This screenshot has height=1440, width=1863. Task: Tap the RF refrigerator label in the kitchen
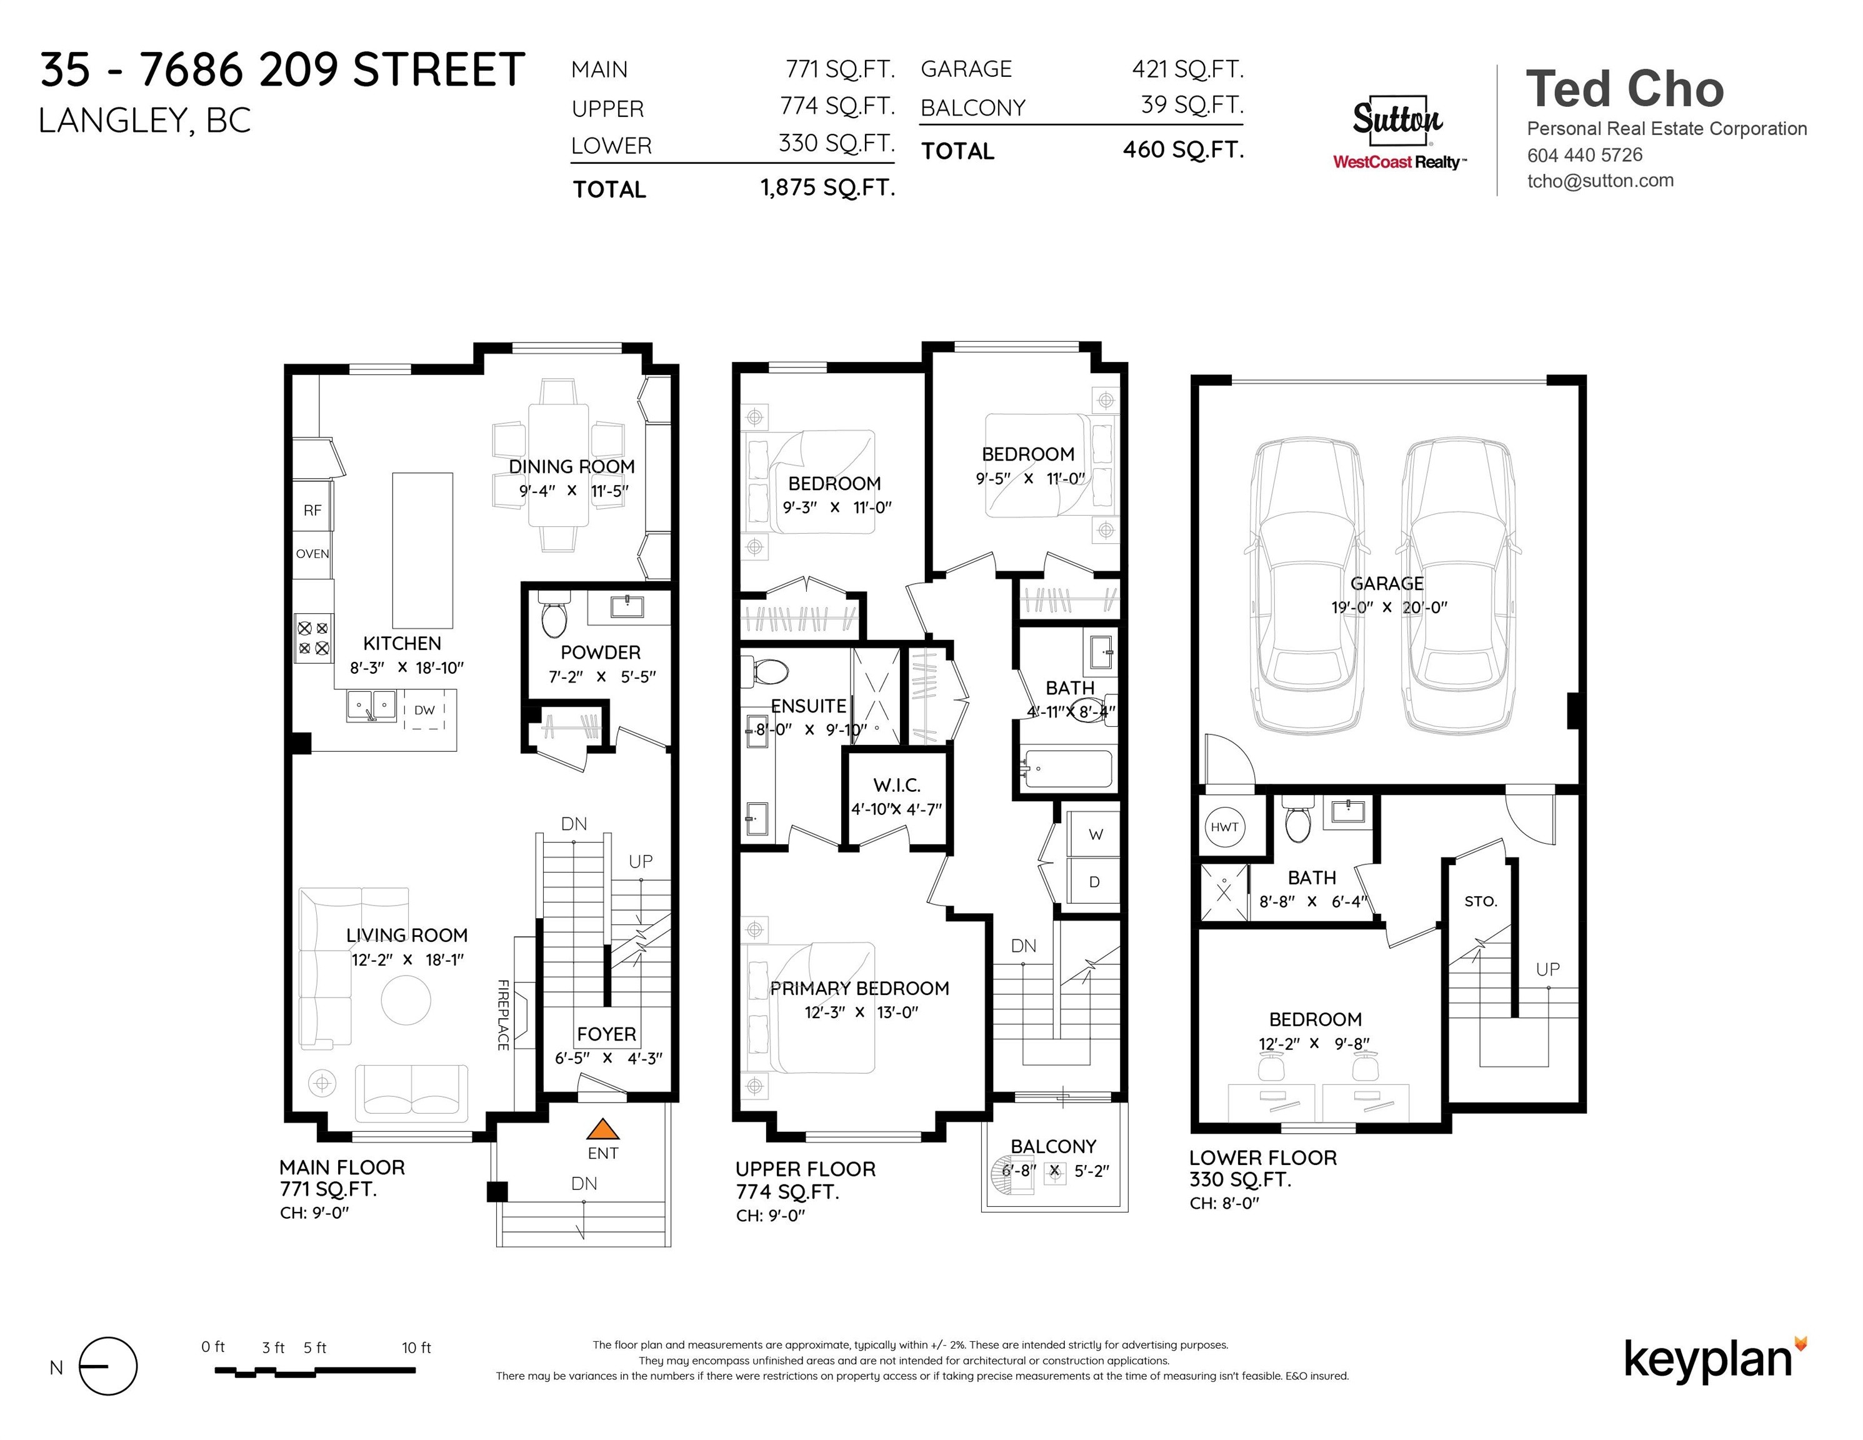pos(312,510)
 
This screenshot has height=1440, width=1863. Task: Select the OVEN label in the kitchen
pos(312,554)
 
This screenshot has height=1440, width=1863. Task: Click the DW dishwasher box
pos(424,710)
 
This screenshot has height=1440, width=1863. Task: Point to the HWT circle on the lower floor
pos(1224,827)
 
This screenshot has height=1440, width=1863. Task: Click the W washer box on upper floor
pos(1096,834)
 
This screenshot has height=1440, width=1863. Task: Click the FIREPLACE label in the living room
pos(503,1014)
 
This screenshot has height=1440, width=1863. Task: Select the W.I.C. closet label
pos(897,785)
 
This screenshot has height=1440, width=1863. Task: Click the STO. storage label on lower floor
pos(1480,901)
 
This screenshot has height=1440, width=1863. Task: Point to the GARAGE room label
pos(1386,584)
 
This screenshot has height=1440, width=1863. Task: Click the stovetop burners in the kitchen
pos(313,638)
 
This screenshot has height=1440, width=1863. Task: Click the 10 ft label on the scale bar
pos(416,1348)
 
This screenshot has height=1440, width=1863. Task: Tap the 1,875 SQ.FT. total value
pos(827,187)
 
